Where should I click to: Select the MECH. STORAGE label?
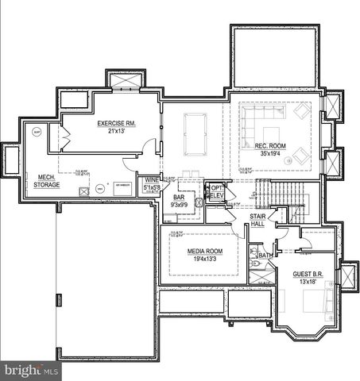[46, 180]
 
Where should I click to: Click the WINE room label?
[151, 181]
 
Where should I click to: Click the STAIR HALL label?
[257, 220]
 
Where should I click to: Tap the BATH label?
[265, 256]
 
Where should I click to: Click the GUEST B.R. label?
[307, 273]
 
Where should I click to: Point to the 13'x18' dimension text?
[307, 281]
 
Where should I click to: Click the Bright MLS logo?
[30, 371]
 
